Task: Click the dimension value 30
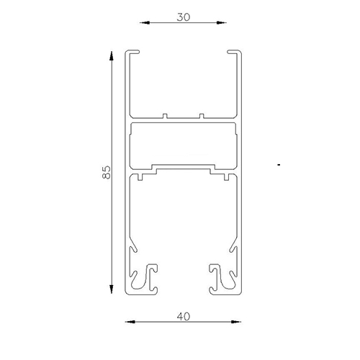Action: tap(183, 17)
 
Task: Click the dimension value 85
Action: tap(107, 172)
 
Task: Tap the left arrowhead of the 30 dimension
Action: tap(143, 23)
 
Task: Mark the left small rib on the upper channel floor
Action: tap(166, 114)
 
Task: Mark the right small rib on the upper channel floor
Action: tap(202, 114)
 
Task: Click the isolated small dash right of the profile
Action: tap(278, 166)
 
